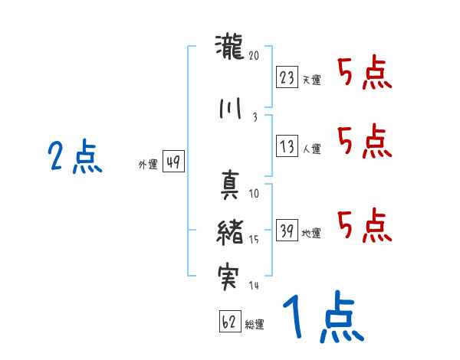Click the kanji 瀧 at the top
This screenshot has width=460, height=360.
click(230, 48)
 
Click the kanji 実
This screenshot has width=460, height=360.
click(230, 277)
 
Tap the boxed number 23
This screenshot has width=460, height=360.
click(287, 77)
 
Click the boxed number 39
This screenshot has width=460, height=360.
click(287, 231)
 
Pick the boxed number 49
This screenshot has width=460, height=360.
click(173, 162)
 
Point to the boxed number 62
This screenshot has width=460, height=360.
click(229, 322)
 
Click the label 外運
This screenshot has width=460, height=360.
click(147, 164)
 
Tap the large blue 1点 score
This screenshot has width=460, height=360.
click(321, 317)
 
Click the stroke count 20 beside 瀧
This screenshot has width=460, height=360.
click(255, 55)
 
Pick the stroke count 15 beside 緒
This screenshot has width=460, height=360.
click(254, 239)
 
